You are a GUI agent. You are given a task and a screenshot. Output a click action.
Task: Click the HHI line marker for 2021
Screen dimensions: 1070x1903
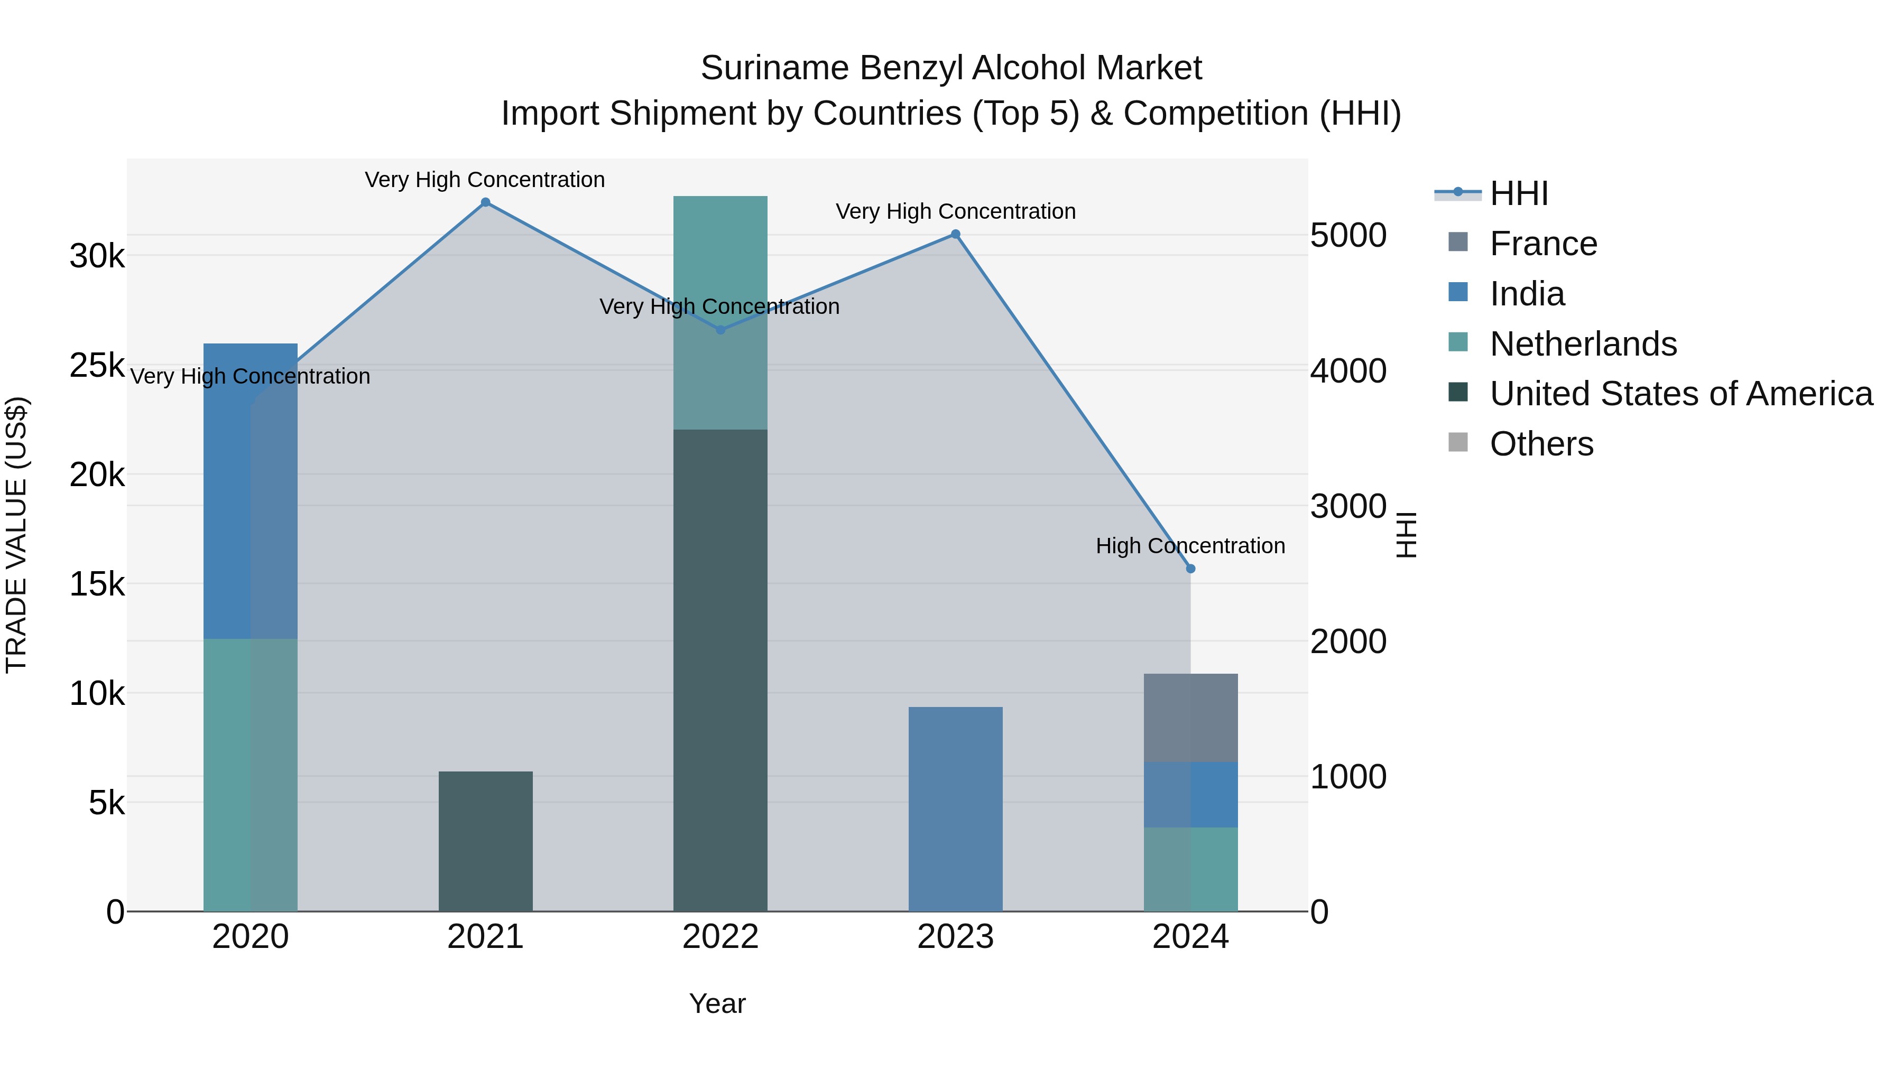tap(485, 202)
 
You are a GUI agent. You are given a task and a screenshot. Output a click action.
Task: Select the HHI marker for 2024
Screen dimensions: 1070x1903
tap(1190, 569)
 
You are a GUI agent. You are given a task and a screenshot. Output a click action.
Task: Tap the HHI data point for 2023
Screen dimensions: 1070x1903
tap(955, 234)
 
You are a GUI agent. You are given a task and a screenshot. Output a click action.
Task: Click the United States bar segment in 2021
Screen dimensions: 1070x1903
tap(485, 841)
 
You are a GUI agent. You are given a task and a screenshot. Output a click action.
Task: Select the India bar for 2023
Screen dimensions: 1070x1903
tap(955, 808)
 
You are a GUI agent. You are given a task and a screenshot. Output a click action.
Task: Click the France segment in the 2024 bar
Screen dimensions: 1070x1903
tap(1190, 717)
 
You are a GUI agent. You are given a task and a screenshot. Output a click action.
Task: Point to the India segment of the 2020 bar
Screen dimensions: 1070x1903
tap(251, 491)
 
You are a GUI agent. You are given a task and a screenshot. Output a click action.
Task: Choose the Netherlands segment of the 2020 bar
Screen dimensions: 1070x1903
tap(251, 775)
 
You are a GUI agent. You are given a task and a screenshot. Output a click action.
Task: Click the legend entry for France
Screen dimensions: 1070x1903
tap(1543, 244)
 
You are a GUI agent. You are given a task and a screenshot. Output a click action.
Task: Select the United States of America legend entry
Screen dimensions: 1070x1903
tap(1680, 394)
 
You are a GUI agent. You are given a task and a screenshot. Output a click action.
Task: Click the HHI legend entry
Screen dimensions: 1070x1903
tap(1518, 193)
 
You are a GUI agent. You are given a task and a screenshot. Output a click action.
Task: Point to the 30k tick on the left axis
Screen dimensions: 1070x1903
tap(97, 256)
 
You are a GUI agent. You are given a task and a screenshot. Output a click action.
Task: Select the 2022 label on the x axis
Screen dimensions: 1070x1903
tap(720, 937)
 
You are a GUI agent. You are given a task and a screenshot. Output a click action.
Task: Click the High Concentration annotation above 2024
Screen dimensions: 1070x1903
tap(1190, 546)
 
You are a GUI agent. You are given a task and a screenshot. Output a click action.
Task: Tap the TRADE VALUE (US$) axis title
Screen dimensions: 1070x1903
tap(16, 535)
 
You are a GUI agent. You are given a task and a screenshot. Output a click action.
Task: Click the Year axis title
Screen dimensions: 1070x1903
tap(717, 1003)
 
